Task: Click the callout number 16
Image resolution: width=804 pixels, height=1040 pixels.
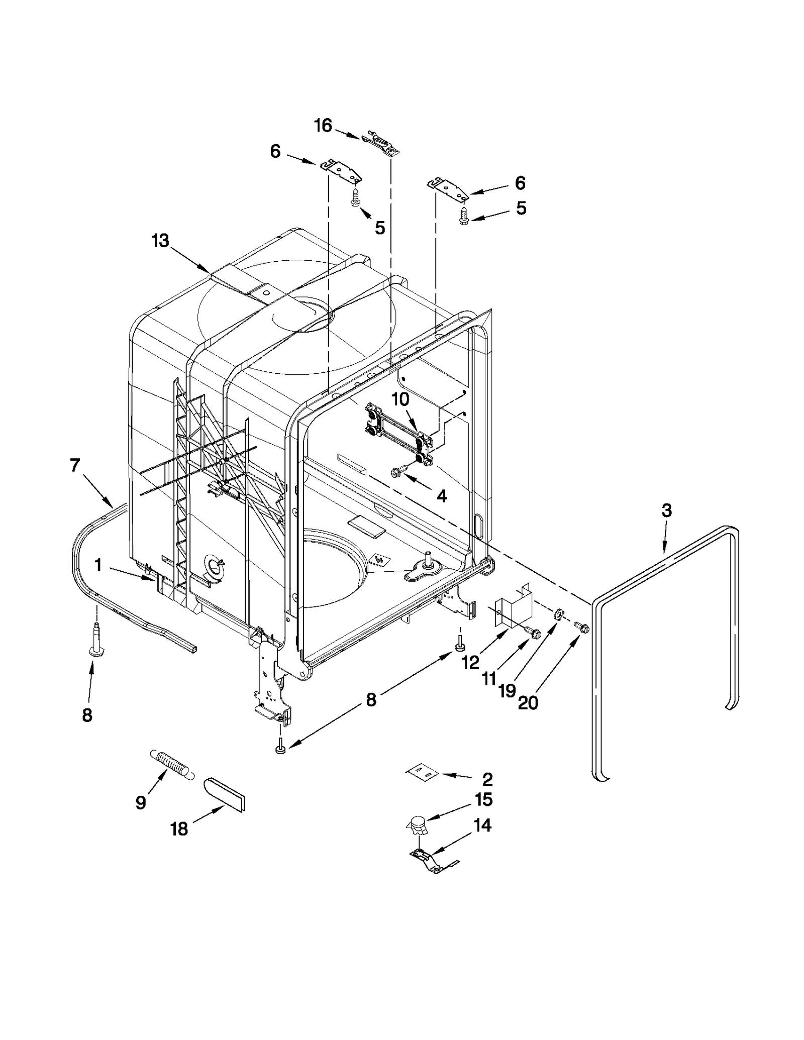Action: tap(323, 125)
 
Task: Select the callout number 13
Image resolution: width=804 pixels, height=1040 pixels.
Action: tap(160, 241)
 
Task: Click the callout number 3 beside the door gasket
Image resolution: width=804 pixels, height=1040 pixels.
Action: tap(666, 511)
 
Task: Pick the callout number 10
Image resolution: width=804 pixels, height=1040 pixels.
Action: tap(400, 399)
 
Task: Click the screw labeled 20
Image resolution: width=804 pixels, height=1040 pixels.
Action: tap(581, 627)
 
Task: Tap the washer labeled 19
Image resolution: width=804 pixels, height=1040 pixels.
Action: tap(558, 614)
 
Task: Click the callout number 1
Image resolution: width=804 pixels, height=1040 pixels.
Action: tap(98, 566)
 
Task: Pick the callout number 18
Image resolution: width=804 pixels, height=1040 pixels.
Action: tap(179, 829)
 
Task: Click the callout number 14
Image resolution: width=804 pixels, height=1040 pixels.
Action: tap(482, 825)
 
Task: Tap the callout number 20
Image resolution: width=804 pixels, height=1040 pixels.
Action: tap(528, 703)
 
